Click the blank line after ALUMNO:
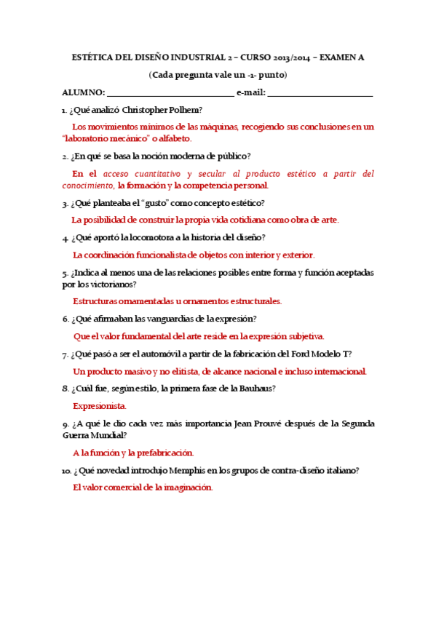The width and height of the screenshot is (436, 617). (x=170, y=94)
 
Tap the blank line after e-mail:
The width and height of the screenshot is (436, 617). (x=320, y=94)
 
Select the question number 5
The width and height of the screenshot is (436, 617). (x=66, y=273)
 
